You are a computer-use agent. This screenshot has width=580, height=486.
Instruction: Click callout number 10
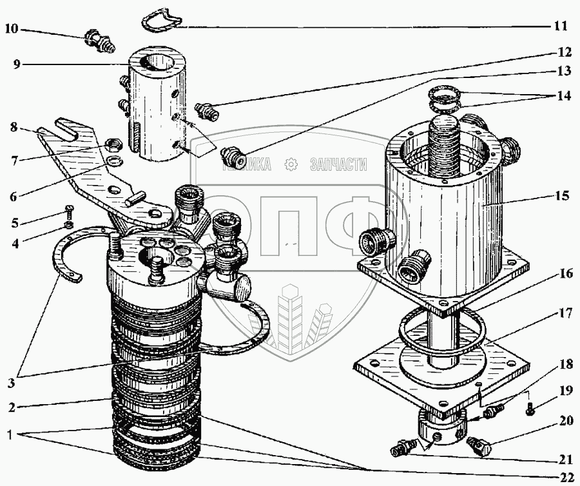click(13, 28)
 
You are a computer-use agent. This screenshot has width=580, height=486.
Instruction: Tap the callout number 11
click(560, 26)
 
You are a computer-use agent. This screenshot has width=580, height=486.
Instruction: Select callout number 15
click(561, 195)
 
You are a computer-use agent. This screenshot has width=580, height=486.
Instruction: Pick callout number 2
click(12, 408)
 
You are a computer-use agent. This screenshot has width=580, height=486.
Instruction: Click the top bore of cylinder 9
click(153, 65)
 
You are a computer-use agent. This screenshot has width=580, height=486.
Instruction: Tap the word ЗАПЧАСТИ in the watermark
click(338, 165)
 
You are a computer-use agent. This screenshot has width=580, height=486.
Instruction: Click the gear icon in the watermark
click(291, 165)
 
